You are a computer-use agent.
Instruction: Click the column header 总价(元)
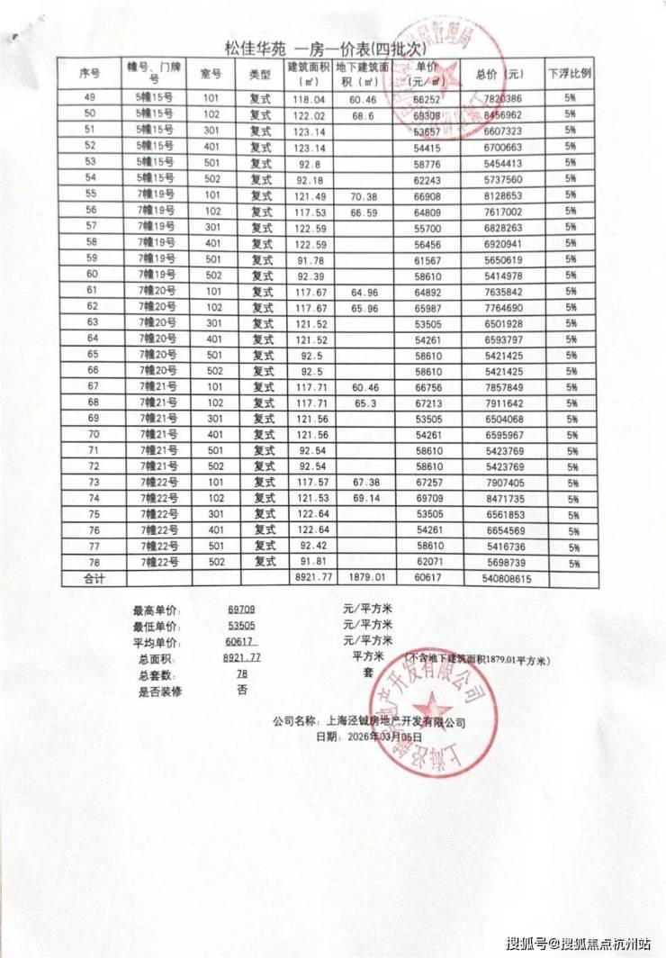499,73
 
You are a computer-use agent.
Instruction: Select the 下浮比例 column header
570,73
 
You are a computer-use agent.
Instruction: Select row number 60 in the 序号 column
90,274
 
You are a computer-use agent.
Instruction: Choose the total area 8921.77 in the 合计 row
313,578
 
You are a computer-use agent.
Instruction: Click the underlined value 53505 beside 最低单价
242,626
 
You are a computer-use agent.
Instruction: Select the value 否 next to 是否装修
241,691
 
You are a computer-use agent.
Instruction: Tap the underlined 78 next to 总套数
241,674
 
